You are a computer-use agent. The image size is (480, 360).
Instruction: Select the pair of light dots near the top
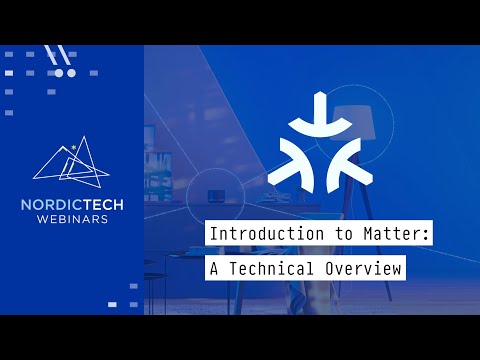65,73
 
